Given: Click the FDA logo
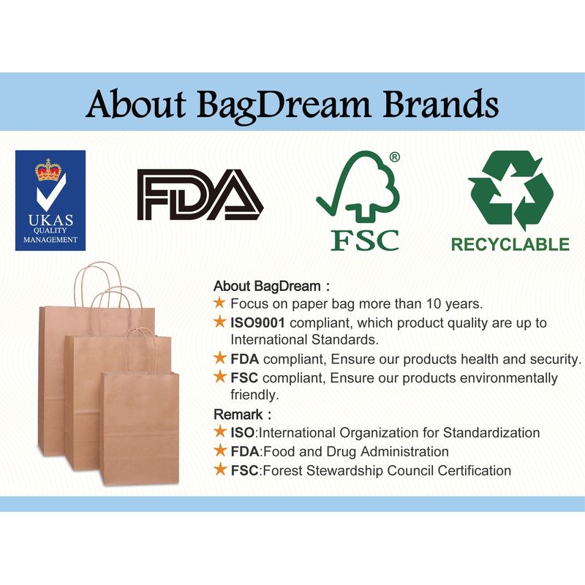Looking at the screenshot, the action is pos(200,195).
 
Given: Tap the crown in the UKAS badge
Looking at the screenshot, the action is pos(48,170).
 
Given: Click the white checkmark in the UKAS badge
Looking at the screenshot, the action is pos(51,192).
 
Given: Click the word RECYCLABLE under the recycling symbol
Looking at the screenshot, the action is pos(510,245).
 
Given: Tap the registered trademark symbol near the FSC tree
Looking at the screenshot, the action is pos(394,157).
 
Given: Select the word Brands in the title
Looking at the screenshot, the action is pos(441,103).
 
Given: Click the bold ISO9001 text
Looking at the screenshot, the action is pos(257,322).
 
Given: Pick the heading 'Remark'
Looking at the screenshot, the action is pos(238,415).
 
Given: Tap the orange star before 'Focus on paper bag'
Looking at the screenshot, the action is pos(220,303).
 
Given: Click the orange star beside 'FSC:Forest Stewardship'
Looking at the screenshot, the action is pos(220,469).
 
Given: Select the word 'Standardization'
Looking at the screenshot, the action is pos(491,433).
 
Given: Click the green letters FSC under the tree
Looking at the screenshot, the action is pos(365,241).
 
